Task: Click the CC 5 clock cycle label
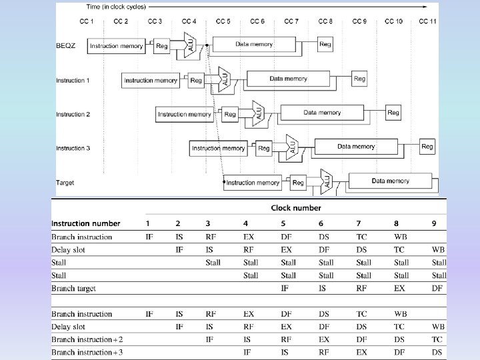pos(223,21)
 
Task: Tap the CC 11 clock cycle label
pos(427,21)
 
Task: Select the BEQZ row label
pos(67,46)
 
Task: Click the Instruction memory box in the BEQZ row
pos(117,46)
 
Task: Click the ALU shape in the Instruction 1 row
pos(223,80)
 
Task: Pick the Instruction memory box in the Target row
pos(253,182)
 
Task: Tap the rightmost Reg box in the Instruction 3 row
pos(427,147)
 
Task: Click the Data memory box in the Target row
pos(390,181)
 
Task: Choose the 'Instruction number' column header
pos(86,223)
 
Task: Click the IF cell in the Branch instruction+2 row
pos(209,339)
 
